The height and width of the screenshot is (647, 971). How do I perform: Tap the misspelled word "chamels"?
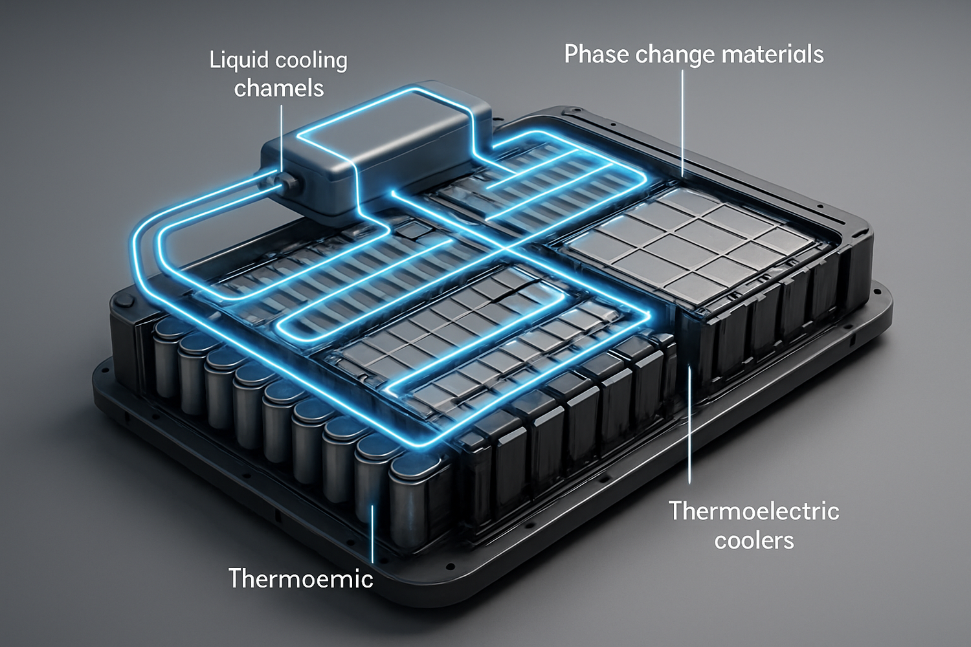pos(279,89)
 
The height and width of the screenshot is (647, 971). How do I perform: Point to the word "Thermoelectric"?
pos(754,511)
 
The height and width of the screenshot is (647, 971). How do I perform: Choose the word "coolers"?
pos(754,541)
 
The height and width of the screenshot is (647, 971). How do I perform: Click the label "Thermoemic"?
pos(300,578)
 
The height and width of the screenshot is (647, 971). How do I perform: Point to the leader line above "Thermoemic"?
pos(373,532)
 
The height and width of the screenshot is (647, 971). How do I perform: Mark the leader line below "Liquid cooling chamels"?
pos(282,141)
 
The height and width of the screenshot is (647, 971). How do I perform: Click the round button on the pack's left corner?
pos(127,300)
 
